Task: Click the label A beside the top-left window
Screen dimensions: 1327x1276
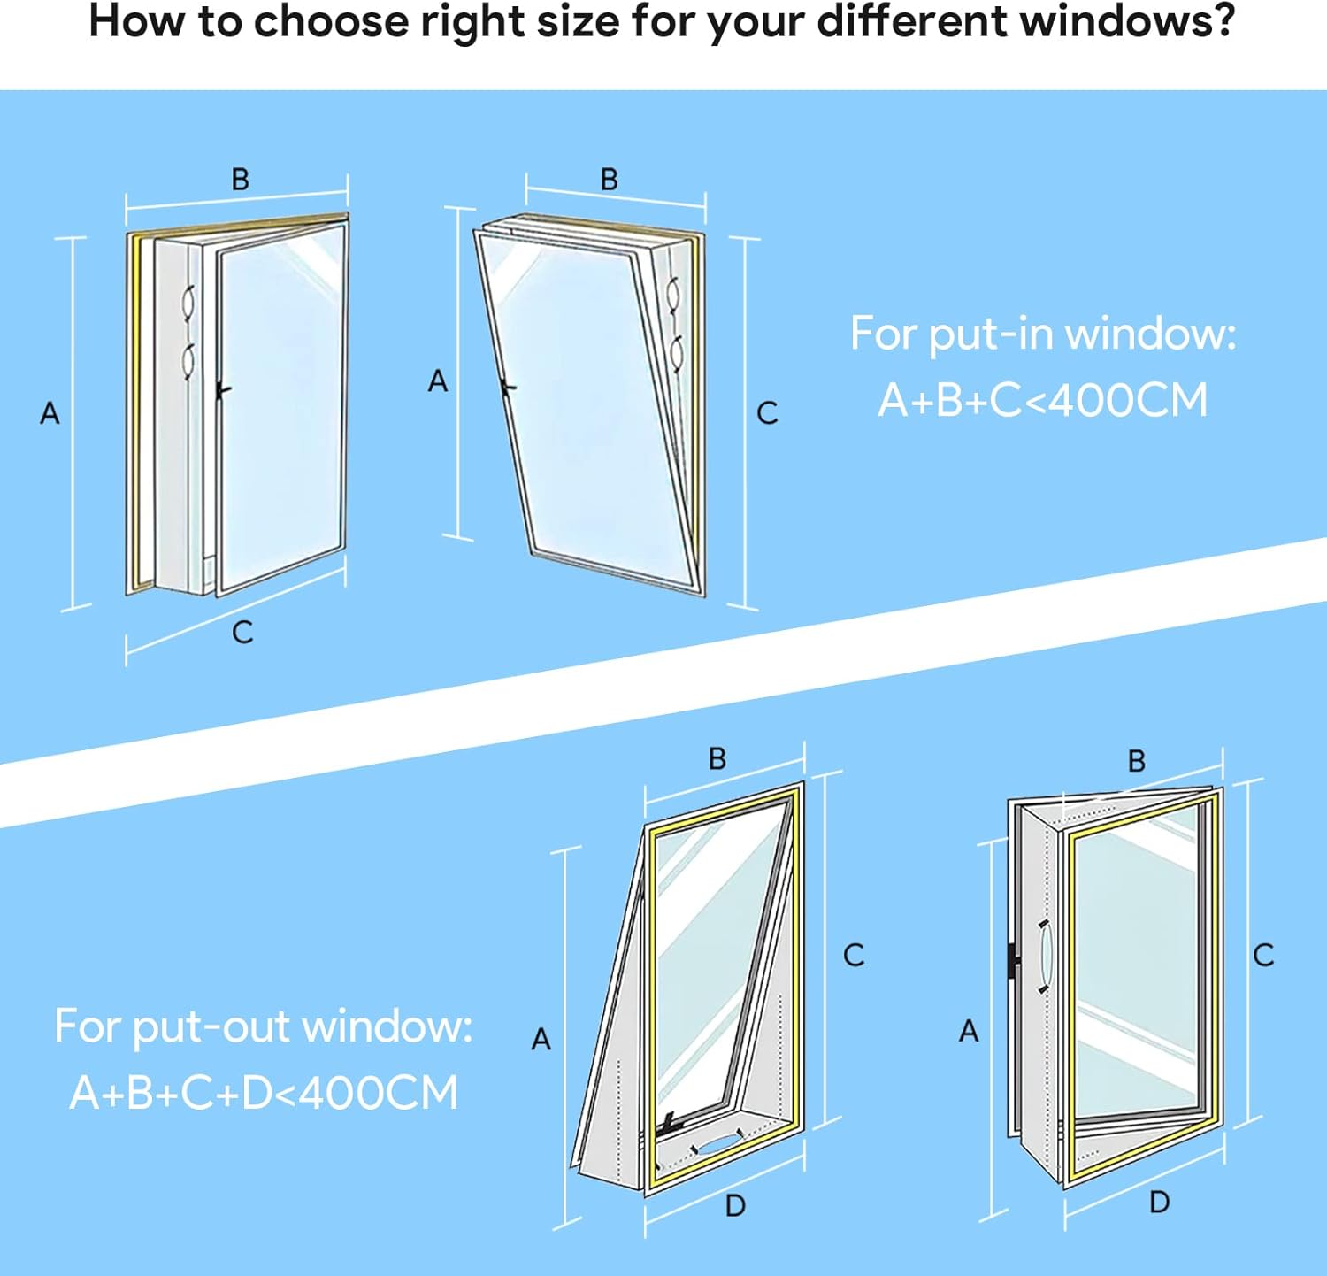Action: (50, 412)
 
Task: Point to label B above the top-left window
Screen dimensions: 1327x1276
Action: (240, 179)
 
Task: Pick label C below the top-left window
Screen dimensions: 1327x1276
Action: (242, 632)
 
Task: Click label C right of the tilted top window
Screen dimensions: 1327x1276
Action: (767, 412)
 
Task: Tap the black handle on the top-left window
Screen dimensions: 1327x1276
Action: (224, 389)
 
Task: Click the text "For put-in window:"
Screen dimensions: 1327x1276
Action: (1043, 334)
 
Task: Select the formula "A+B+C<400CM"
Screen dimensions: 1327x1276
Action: (1043, 400)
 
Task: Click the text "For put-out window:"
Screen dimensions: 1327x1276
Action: (264, 1026)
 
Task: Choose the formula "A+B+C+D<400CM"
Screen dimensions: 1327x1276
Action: (264, 1093)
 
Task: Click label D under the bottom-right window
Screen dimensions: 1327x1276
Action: (1159, 1202)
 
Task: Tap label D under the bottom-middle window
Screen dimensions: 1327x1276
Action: (735, 1205)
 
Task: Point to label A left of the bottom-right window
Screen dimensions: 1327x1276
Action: (969, 1031)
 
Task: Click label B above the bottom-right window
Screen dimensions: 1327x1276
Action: (1137, 761)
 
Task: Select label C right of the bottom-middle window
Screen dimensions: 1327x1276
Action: (854, 955)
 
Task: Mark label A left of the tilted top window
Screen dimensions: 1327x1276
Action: (438, 380)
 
